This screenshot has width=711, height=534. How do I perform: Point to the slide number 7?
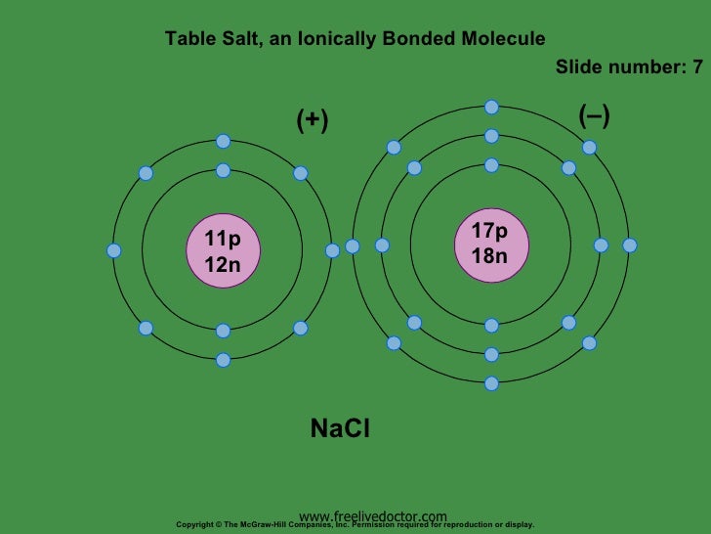pos(697,67)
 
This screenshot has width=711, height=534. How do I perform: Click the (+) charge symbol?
pos(313,120)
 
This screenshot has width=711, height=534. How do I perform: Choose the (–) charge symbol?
pos(594,116)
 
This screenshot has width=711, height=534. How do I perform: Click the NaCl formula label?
pos(340,428)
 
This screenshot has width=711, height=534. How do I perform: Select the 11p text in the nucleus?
pos(222,240)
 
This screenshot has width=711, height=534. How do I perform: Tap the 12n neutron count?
pos(222,264)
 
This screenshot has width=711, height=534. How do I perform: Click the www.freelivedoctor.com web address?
pos(373,515)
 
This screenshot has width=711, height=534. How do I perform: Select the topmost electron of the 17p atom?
pos(491,106)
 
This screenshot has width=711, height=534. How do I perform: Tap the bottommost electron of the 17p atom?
pos(491,383)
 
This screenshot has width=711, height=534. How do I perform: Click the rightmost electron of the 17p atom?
pos(630,245)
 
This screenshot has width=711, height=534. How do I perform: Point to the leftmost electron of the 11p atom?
pos(114,250)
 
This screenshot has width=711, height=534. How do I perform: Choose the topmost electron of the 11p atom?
pos(223,141)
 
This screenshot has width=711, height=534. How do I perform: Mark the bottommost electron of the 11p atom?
pos(223,360)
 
